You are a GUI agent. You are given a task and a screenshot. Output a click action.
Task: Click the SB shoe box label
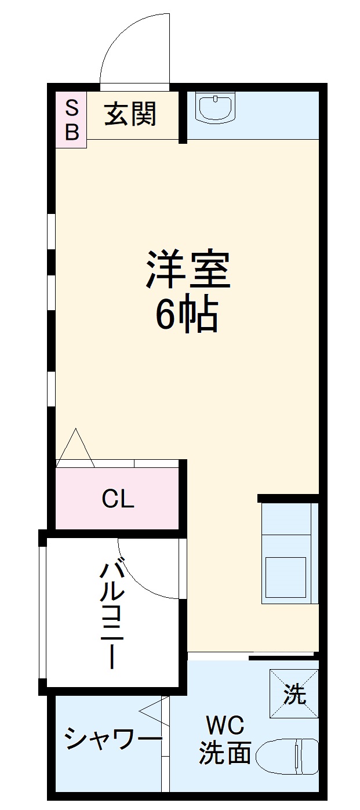71,119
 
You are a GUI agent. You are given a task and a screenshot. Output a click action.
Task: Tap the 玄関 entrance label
130,114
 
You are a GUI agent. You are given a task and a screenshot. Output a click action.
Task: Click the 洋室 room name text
188,270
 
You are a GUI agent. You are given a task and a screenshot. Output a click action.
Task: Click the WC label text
225,725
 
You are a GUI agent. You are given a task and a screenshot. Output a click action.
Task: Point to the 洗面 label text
225,753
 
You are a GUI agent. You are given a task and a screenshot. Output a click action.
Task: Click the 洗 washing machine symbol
294,694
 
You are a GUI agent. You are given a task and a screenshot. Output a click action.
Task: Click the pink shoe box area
71,119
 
